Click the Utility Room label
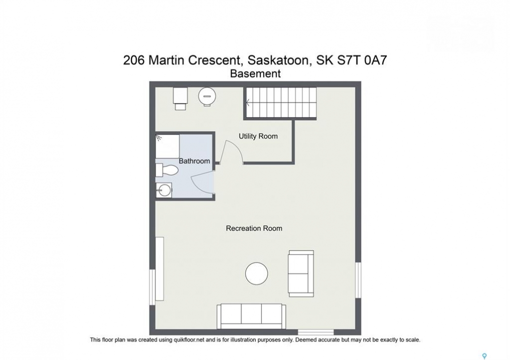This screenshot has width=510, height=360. tap(258, 136)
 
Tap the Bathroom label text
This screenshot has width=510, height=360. tap(194, 161)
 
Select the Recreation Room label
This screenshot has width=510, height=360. tap(254, 228)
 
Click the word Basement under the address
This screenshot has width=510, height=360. tap(255, 74)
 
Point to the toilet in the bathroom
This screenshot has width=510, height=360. tap(167, 170)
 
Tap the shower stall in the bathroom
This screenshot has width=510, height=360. tap(168, 146)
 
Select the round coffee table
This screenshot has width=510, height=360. tap(257, 273)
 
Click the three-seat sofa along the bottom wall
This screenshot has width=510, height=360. tap(251, 316)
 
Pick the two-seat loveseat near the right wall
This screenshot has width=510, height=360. tap(301, 273)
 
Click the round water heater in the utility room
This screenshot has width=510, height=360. tap(207, 96)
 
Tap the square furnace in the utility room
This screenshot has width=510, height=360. tap(180, 98)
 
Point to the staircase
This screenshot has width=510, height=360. tap(281, 102)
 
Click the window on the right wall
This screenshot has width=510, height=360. tap(358, 280)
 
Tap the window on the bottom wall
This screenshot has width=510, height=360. tap(316, 332)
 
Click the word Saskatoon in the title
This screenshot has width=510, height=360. tap(278, 60)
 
